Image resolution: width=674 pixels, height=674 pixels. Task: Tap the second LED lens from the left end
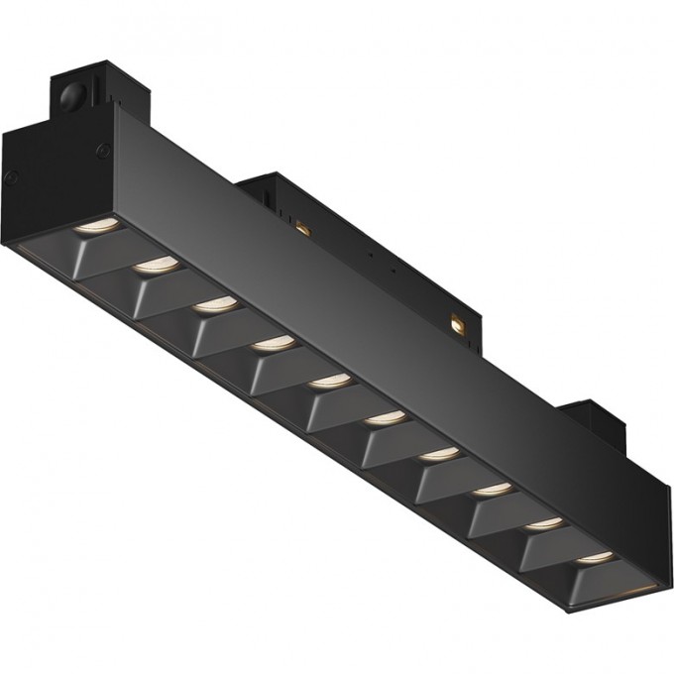(158, 265)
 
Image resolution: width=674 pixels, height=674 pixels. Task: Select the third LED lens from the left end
(214, 304)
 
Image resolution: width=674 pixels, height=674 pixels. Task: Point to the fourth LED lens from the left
(272, 343)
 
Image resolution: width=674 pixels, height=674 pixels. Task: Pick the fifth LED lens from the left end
(328, 380)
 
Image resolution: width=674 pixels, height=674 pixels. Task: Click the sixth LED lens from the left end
(384, 417)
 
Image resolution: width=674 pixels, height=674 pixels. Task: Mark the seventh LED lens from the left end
(438, 453)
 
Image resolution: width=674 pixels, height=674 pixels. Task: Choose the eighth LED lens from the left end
(492, 488)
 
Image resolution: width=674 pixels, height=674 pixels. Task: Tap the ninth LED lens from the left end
(543, 521)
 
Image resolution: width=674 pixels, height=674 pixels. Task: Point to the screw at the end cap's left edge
(12, 177)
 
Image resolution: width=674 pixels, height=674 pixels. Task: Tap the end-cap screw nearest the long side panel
(101, 151)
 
